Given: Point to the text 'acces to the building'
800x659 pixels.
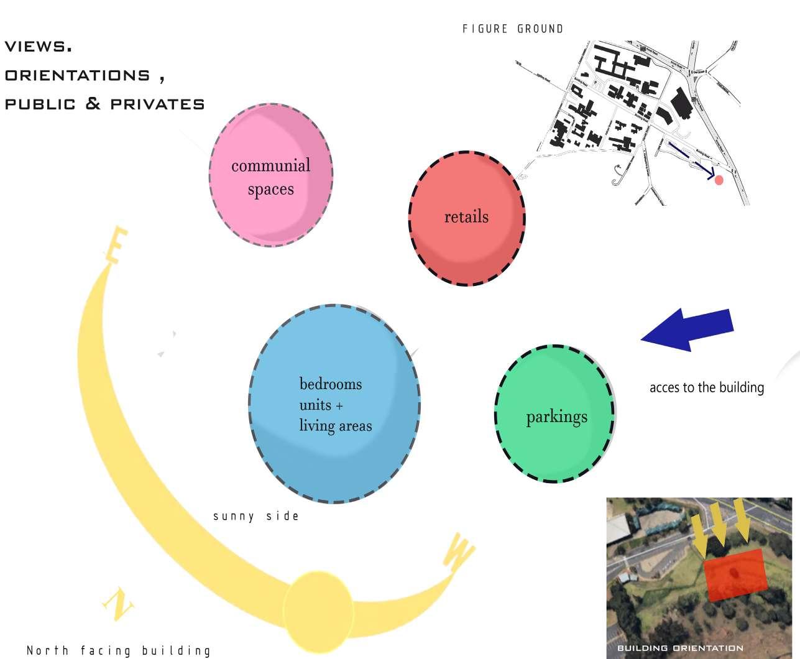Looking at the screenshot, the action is [x=706, y=387].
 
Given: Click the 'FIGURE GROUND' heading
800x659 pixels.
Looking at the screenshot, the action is [x=513, y=29].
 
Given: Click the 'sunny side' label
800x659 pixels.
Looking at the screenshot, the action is [x=256, y=516].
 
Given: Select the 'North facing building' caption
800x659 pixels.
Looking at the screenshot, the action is [x=119, y=651].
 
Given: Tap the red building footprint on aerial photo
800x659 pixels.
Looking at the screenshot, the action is [x=735, y=574].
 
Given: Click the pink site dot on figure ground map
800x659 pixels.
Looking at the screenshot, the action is [x=719, y=180].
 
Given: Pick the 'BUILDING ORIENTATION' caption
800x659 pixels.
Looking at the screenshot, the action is [x=680, y=648].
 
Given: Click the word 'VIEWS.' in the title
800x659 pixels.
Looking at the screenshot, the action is [x=38, y=47].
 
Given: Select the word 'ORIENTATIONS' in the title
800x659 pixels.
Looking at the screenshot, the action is [x=78, y=75].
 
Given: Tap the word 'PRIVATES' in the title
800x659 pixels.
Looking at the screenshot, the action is [x=157, y=104].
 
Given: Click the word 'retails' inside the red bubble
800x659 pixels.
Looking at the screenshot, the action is [x=466, y=217].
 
